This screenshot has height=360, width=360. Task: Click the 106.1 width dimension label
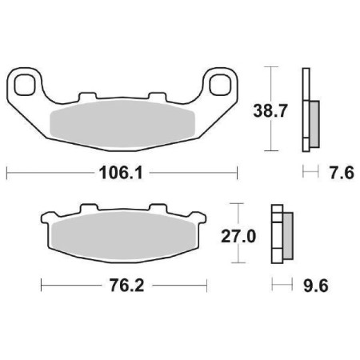pyautogui.click(x=122, y=172)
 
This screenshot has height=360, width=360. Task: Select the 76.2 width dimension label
pyautogui.click(x=124, y=285)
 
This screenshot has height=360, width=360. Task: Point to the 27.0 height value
pyautogui.click(x=238, y=237)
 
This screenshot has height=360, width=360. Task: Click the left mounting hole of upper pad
pyautogui.click(x=26, y=82)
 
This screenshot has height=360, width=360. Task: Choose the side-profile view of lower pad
pyautogui.click(x=281, y=237)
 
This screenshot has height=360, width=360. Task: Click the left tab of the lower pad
pyautogui.click(x=46, y=218)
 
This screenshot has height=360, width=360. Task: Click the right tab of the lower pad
pyautogui.click(x=202, y=218)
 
